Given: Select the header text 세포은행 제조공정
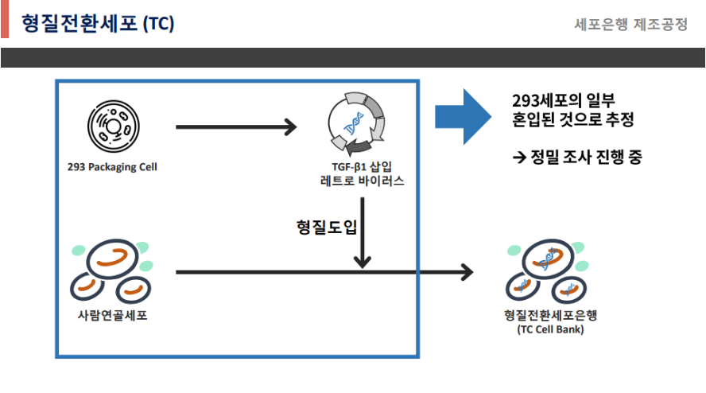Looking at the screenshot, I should pyautogui.click(x=630, y=24).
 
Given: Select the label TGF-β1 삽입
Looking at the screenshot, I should pyautogui.click(x=357, y=166).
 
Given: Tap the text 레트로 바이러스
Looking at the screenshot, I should pyautogui.click(x=357, y=181).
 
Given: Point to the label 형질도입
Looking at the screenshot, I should pyautogui.click(x=324, y=227).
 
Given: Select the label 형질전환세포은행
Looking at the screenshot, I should pyautogui.click(x=549, y=314).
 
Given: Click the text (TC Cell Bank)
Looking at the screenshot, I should pyautogui.click(x=549, y=329).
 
